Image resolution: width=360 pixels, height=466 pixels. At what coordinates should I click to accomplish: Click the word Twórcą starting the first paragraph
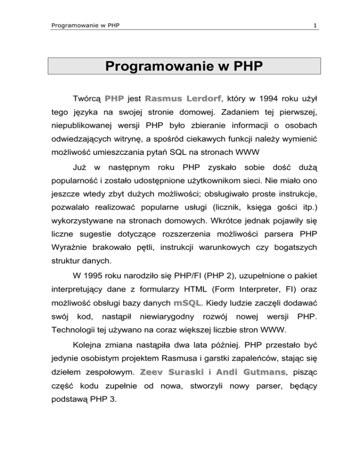click(87, 99)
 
